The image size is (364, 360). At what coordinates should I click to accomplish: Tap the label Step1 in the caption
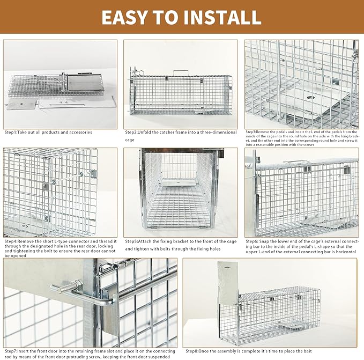click(12, 132)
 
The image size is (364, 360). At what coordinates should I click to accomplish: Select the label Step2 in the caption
click(133, 132)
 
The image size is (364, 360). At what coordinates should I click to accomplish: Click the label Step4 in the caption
click(12, 241)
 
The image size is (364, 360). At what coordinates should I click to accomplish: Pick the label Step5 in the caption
click(133, 241)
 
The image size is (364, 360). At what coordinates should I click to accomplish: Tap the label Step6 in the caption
click(253, 241)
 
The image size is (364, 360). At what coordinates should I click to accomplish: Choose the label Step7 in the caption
click(12, 350)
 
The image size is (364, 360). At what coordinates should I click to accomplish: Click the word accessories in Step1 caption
click(79, 132)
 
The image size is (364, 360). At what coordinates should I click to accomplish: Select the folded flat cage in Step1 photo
click(38, 86)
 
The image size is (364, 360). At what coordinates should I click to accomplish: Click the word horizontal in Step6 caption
click(343, 252)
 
